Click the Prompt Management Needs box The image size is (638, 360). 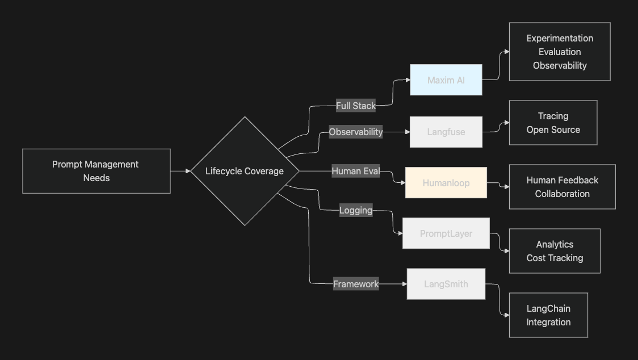[x=96, y=171]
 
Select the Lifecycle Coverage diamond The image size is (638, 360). [x=244, y=171]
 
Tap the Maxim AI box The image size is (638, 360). [x=446, y=80]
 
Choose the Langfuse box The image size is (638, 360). [x=446, y=132]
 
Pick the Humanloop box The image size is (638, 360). [x=446, y=183]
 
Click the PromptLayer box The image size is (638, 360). [x=446, y=233]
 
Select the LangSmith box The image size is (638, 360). [x=446, y=284]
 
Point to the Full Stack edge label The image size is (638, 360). [x=355, y=106]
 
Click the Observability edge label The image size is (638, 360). [x=355, y=132]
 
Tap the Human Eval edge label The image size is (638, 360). [x=355, y=171]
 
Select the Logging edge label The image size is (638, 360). [x=355, y=210]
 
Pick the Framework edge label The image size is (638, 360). [x=355, y=284]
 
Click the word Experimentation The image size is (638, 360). [x=560, y=38]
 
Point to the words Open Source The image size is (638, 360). [x=553, y=129]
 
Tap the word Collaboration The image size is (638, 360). [x=562, y=194]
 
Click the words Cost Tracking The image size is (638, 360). [x=555, y=258]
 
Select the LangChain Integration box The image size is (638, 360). [x=548, y=315]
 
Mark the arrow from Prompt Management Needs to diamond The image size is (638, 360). [x=181, y=171]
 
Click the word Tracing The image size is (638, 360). [x=553, y=116]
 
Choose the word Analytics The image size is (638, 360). [x=555, y=244]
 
